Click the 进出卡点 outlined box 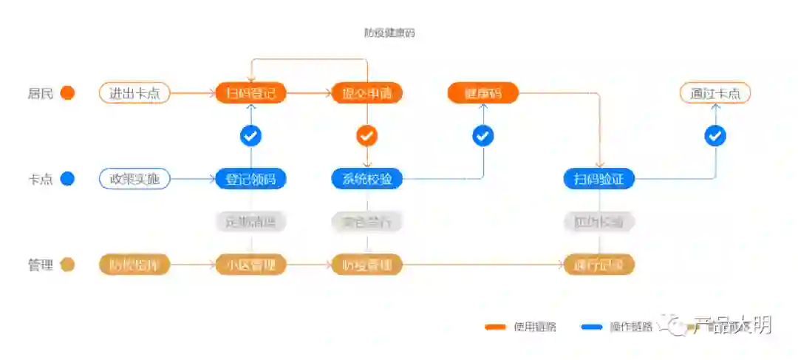click(134, 93)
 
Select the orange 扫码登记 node click(250, 93)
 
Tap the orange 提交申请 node click(367, 93)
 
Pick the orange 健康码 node click(483, 93)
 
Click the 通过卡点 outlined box click(715, 93)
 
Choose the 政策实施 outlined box click(134, 179)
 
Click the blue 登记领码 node click(250, 179)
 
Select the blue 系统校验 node click(367, 179)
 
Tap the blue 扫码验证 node click(598, 179)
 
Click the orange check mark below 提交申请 click(367, 136)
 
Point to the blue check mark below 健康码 click(483, 136)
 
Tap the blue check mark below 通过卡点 click(715, 136)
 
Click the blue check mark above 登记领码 click(250, 136)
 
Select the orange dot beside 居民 click(67, 93)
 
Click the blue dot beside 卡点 click(67, 179)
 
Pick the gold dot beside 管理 click(67, 265)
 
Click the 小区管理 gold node click(250, 265)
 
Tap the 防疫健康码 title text click(389, 33)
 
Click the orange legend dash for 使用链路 click(495, 327)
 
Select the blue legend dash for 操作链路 click(593, 327)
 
